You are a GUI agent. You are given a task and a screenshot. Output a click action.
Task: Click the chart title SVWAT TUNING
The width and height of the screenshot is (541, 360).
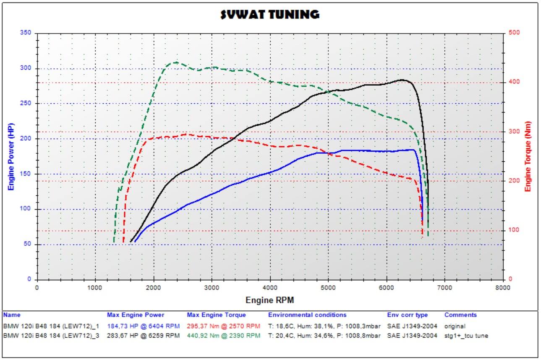[270, 14]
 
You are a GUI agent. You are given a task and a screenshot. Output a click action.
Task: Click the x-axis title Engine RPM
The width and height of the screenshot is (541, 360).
[269, 300]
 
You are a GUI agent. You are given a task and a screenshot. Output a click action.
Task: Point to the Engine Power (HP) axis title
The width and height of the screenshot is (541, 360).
[11, 156]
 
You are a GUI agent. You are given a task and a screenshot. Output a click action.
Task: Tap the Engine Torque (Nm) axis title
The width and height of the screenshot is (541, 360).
[528, 156]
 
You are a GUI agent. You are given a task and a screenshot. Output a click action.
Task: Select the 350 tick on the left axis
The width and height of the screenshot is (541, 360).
[26, 33]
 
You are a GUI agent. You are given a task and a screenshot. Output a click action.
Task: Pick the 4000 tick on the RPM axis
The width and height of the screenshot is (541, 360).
[270, 287]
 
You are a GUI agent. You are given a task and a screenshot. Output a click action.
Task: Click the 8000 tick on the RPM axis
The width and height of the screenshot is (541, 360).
[503, 287]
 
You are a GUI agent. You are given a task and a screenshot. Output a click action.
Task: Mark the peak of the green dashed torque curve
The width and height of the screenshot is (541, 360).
[175, 63]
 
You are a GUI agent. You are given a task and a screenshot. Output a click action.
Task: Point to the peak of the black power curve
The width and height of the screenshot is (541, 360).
[402, 79]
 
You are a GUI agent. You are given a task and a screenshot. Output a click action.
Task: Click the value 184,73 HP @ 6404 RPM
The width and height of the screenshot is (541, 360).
[143, 326]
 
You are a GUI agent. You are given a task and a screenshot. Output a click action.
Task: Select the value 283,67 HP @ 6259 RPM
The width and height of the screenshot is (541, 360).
[143, 336]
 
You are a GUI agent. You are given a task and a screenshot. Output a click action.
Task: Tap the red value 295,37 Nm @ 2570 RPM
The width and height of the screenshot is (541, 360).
[223, 326]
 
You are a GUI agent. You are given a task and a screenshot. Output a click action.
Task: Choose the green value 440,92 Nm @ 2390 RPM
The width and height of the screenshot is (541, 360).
[223, 336]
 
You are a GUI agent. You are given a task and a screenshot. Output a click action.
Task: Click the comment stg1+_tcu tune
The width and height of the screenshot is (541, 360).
[466, 336]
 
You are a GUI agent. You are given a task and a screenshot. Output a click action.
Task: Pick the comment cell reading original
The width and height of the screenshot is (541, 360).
[455, 326]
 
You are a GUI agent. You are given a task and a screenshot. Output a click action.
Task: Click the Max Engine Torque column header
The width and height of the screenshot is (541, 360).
[216, 315]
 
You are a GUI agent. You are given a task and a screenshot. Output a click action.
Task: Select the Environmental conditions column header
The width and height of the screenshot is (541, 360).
[307, 315]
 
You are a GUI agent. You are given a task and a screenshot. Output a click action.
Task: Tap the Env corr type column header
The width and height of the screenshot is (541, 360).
[407, 315]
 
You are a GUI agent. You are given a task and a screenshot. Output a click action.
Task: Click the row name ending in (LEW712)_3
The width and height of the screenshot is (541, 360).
[51, 336]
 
